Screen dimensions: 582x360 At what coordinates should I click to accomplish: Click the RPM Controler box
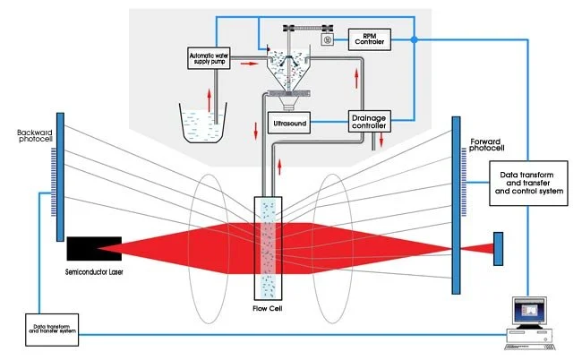369,39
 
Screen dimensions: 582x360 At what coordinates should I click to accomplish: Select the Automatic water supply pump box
209,58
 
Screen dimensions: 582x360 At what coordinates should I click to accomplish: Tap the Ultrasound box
289,124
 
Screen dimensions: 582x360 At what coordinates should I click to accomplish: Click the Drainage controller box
369,122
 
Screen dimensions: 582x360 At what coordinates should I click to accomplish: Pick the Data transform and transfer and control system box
528,184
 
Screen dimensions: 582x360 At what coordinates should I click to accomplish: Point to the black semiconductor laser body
94,249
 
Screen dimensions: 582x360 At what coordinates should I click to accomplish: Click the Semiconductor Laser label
94,272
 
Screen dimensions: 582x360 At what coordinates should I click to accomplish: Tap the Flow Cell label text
267,308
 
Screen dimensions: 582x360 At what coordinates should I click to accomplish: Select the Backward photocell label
35,136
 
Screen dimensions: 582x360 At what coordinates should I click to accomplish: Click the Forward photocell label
486,145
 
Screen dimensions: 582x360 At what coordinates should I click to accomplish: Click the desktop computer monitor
529,313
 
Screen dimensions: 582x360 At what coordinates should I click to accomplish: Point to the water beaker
202,123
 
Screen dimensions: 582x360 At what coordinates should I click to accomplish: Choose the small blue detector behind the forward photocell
498,249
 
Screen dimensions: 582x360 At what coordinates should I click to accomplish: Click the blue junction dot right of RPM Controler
415,39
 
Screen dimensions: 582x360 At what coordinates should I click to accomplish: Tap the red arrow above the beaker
209,99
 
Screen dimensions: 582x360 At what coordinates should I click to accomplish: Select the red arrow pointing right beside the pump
249,64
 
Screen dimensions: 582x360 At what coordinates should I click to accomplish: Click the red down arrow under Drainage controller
381,140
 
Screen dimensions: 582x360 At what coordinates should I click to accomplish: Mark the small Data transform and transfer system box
52,330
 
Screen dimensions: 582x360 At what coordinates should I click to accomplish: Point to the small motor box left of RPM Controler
328,39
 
